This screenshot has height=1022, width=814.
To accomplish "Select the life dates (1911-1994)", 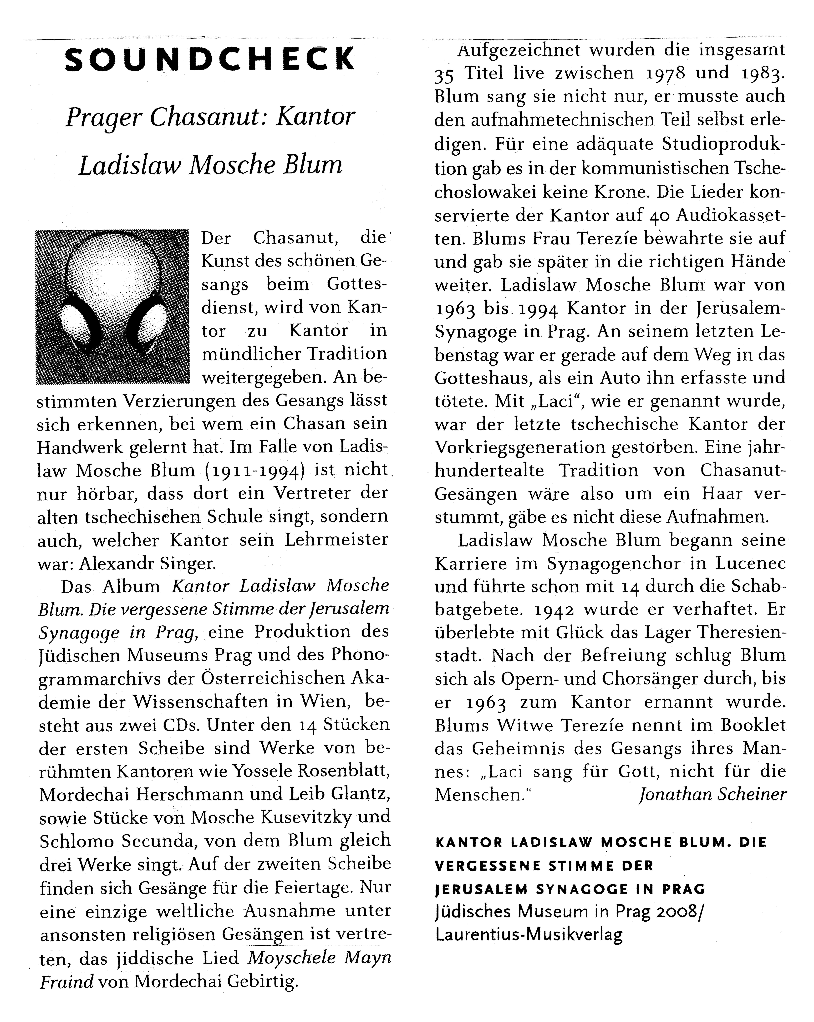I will [254, 471].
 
